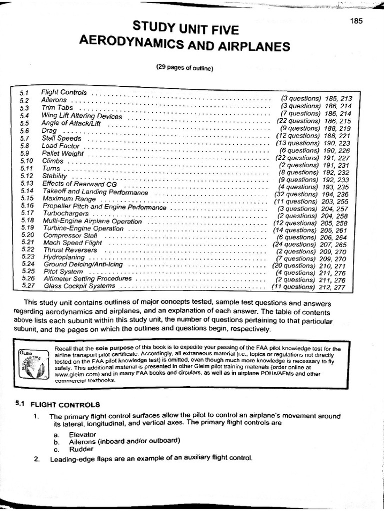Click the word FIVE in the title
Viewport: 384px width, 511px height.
pos(218,30)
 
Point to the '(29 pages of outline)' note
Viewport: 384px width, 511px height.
pos(184,68)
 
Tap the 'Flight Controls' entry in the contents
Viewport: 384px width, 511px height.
pos(63,92)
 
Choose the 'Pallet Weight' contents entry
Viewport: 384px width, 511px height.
pos(62,154)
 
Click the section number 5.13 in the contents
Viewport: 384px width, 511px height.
pos(27,183)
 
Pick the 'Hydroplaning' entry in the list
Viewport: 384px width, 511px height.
pos(63,257)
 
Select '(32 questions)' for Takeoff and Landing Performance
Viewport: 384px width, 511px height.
pos(295,194)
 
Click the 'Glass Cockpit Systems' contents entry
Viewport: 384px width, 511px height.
pos(79,286)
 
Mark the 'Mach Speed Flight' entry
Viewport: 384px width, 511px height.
pos(72,243)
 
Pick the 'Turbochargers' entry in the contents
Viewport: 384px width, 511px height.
pos(65,213)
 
